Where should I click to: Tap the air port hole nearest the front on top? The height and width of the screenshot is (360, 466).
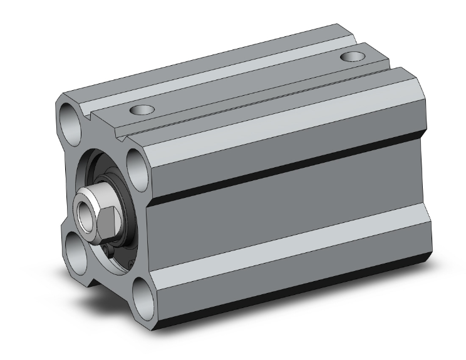pyautogui.click(x=142, y=110)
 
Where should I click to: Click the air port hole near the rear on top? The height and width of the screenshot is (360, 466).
pyautogui.click(x=353, y=58)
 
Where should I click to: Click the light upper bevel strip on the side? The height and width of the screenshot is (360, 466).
pyautogui.click(x=282, y=135)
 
